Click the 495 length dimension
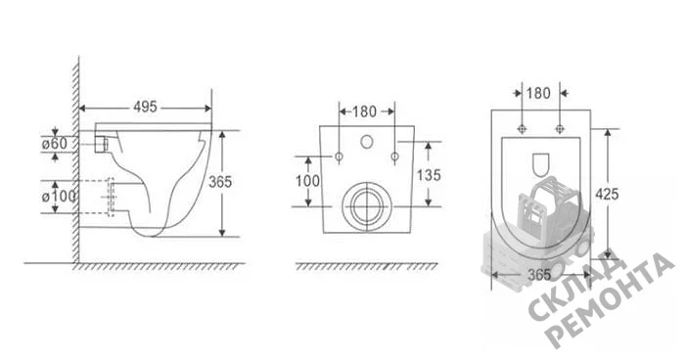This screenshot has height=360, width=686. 145,108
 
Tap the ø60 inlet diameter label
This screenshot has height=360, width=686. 55,144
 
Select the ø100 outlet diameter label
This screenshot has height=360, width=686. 59,197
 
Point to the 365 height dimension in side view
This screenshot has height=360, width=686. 220,182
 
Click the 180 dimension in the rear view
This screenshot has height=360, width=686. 364,112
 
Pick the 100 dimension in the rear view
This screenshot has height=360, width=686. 307,181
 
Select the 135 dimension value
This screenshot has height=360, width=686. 429,175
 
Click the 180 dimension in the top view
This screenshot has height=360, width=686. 538,93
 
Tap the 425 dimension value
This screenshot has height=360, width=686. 607,194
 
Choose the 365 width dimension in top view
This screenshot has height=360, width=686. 539,275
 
